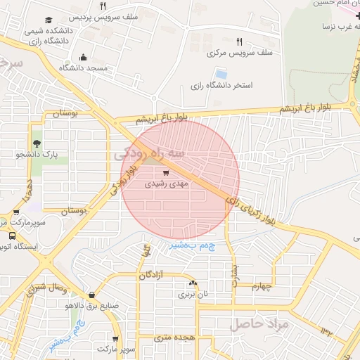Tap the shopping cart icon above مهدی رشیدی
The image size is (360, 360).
[166, 172]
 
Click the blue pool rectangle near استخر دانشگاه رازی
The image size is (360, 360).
[221, 74]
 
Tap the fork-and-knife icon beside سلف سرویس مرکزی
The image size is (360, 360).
[240, 41]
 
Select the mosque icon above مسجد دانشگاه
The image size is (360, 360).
[84, 57]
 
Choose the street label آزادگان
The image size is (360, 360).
[152, 274]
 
